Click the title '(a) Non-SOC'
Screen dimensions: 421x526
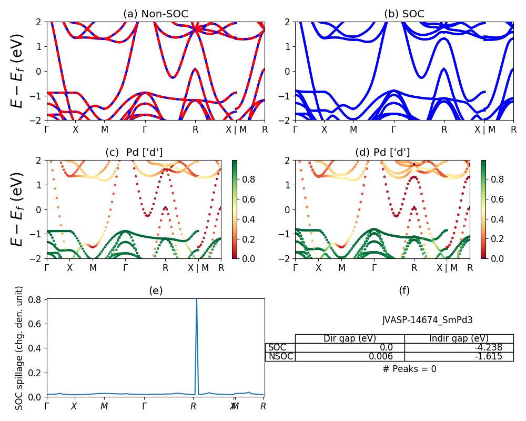point(155,14)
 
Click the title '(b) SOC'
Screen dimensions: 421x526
point(404,14)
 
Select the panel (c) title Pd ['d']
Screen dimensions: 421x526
point(134,153)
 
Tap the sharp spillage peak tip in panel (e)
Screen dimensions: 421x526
point(197,300)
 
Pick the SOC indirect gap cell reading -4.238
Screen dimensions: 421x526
point(459,348)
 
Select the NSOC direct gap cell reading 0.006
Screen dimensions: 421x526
point(350,357)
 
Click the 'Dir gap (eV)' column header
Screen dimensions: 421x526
point(350,339)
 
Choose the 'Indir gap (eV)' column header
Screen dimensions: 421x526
point(459,339)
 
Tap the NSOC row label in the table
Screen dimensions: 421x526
point(280,357)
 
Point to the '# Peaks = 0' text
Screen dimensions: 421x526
point(409,369)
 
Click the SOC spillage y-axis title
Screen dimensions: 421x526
point(19,347)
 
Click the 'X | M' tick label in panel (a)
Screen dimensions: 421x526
point(236,129)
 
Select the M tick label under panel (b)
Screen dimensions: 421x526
point(353,129)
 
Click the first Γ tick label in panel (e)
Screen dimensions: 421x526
point(47,406)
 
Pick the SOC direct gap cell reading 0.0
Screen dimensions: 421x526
point(350,348)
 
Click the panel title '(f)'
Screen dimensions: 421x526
point(404,290)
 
